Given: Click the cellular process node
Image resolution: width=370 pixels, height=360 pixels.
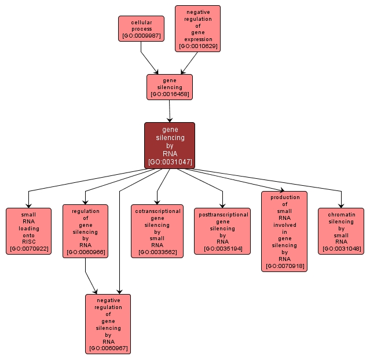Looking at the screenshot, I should tap(141, 28).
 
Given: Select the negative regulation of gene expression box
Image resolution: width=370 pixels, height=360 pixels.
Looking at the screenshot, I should tap(197, 28).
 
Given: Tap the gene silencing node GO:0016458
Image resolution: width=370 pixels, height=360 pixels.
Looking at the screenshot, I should tap(169, 87).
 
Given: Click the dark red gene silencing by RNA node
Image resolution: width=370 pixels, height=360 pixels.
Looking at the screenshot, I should tap(170, 145).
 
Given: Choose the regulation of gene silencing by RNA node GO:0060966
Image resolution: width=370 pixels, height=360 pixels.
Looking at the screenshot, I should tap(85, 230).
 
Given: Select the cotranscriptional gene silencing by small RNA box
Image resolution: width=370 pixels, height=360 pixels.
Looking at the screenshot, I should tap(157, 230).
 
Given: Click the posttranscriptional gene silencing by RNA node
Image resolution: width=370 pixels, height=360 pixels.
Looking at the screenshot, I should tap(223, 230).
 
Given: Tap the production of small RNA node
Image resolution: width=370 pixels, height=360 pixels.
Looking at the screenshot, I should tap(284, 231).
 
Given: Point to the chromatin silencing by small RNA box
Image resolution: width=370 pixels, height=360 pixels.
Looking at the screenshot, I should tap(341, 230).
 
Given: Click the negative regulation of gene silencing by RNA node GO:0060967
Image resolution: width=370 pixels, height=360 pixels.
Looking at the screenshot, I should tap(108, 324).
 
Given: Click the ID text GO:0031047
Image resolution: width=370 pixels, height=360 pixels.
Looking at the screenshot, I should tap(170, 162).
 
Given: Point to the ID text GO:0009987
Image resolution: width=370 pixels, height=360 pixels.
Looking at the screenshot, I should tap(141, 36).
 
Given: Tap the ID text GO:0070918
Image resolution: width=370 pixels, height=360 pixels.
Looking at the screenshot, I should tap(284, 266).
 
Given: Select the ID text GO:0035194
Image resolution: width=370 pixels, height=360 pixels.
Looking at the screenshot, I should tap(223, 249).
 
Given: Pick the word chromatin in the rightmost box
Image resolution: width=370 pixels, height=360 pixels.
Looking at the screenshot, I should tap(341, 214).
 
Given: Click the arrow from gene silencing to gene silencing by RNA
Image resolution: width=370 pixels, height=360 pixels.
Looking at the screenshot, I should tap(170, 110).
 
